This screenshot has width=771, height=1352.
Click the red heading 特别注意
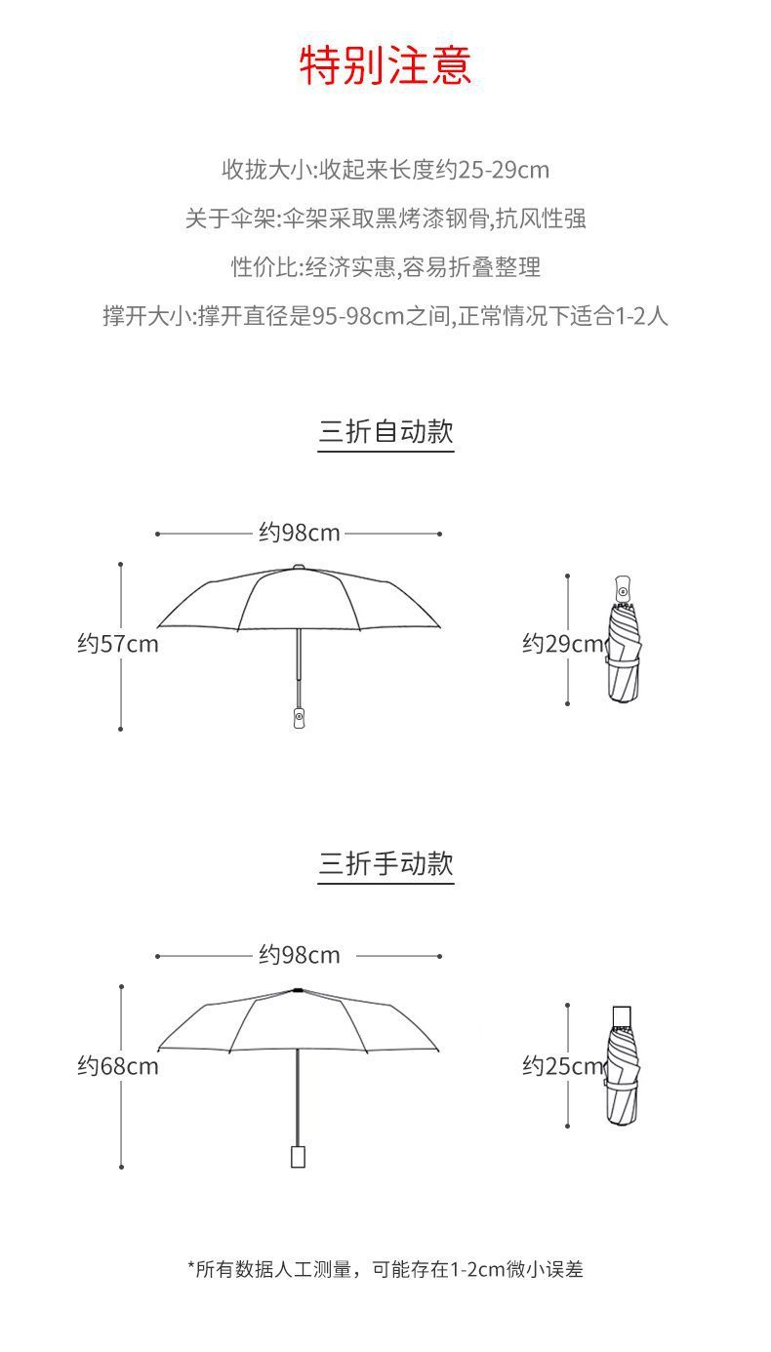pos(385,65)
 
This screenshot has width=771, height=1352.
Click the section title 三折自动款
pos(385,431)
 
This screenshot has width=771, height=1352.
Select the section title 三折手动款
pos(385,863)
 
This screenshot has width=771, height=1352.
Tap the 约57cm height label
pos(118,644)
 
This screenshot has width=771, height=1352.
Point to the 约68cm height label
pos(118,1066)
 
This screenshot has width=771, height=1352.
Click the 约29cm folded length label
pos(562,644)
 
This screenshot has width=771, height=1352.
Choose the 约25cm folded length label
pos(562,1066)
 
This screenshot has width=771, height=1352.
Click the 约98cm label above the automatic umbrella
pos(300,533)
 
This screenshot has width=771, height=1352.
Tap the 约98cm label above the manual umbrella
pos(300,955)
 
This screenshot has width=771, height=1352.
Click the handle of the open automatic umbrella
pos(299,715)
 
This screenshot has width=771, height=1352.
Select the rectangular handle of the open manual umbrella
pos(298,1156)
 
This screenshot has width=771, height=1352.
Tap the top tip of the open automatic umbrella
pos(299,567)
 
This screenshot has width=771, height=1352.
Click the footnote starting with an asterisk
pos(385,1269)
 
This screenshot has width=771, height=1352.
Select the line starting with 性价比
pos(385,266)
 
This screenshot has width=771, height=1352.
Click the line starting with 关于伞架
pos(385,218)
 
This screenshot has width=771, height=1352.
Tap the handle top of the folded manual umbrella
pos(621,1016)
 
